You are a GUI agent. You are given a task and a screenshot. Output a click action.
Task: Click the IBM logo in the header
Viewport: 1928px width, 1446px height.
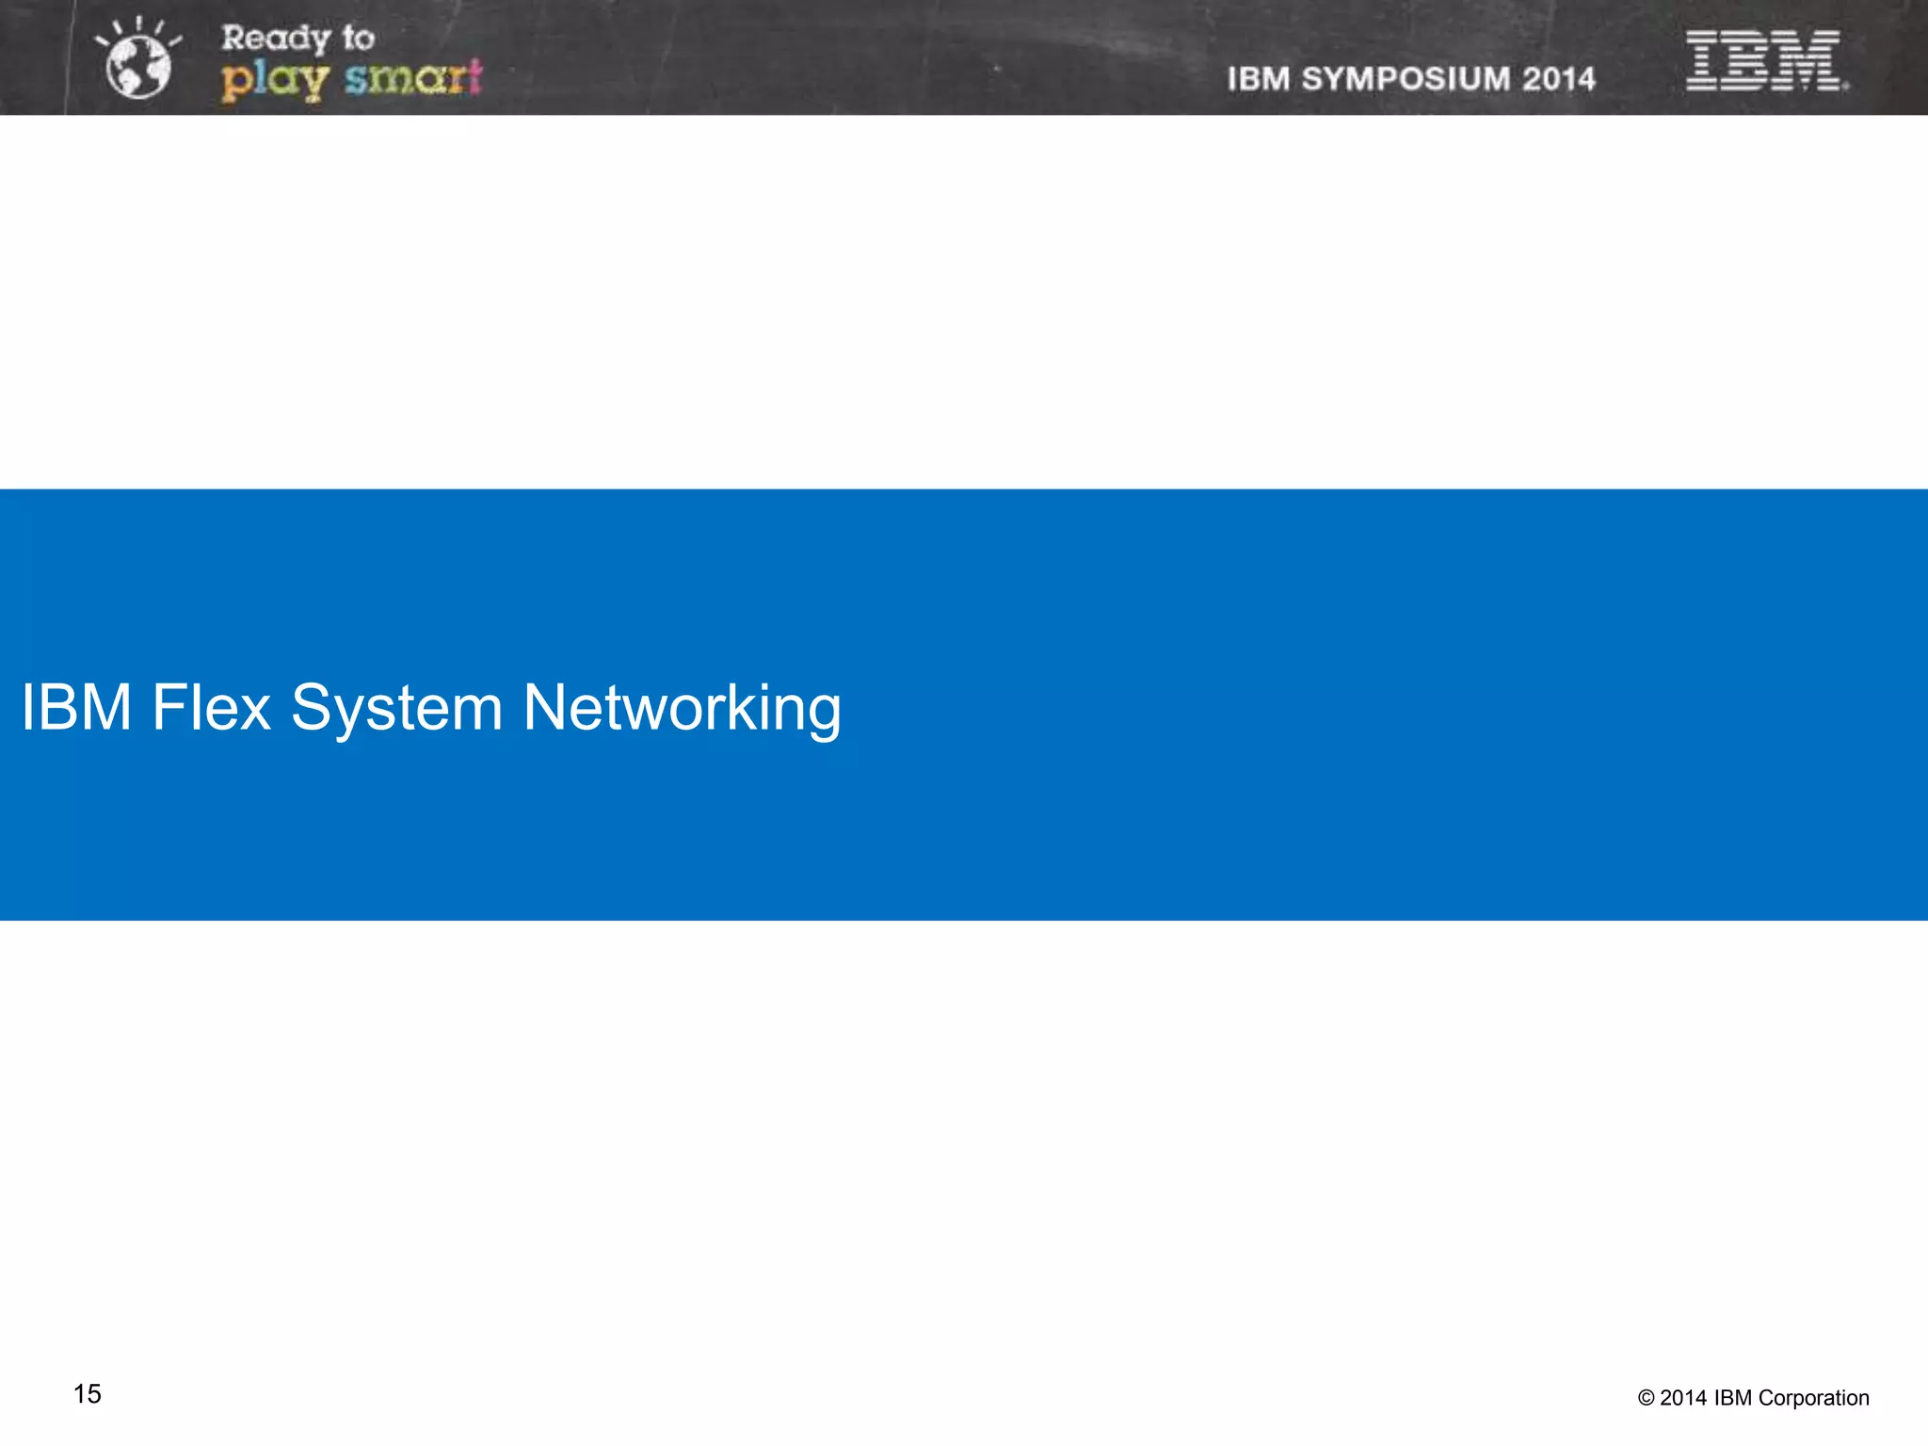coord(1765,60)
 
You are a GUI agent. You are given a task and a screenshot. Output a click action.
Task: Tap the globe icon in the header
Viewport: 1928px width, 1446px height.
coord(138,66)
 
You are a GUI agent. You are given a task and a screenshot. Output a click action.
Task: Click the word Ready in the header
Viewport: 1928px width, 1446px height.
coord(275,39)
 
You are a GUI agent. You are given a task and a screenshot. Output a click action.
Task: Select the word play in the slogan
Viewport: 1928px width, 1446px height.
coord(274,79)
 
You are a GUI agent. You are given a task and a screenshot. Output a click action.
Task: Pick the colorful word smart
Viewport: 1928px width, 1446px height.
coord(413,77)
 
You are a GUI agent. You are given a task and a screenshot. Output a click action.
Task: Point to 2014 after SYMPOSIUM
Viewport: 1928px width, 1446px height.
coord(1559,79)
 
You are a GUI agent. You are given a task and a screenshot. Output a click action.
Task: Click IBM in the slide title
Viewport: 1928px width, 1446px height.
coord(76,707)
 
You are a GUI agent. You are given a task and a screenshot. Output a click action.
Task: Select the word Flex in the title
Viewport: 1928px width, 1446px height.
coord(211,707)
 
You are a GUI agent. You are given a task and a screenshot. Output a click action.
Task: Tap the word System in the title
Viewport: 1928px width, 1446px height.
coord(396,709)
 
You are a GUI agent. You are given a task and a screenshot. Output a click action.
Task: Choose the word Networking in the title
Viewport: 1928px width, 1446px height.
coord(682,709)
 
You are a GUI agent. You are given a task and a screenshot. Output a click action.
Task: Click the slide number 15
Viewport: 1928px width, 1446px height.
coord(88,1394)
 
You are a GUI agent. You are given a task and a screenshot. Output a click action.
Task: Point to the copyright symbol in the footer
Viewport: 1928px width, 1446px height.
coord(1646,1399)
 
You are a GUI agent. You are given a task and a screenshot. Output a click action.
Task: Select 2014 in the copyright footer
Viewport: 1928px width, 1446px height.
coord(1683,1399)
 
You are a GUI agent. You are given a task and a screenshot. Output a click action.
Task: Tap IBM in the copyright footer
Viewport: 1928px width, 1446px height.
coord(1733,1399)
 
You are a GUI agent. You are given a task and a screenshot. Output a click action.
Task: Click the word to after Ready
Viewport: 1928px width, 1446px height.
coord(358,39)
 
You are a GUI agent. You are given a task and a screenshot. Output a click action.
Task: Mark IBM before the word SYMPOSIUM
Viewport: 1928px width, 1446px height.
coord(1259,79)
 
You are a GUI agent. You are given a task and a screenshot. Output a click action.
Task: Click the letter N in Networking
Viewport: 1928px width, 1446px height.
coord(549,707)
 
